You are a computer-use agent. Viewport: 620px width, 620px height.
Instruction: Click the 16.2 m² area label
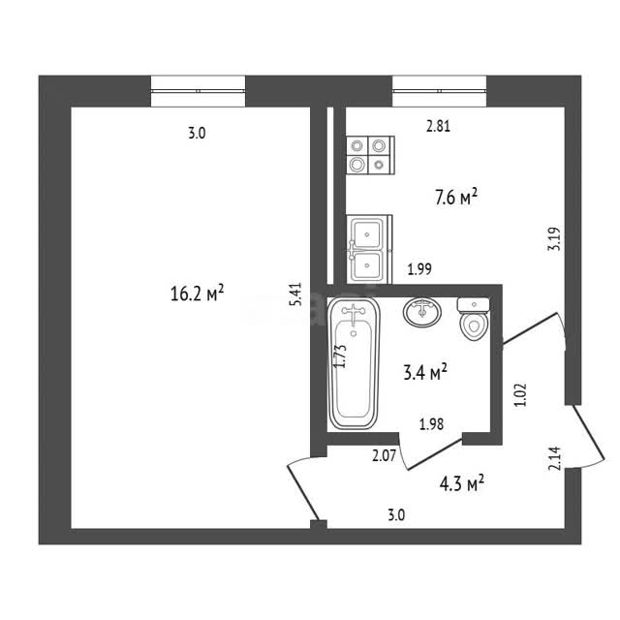click(x=197, y=293)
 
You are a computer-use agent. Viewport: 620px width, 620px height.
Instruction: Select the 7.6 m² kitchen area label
click(x=456, y=197)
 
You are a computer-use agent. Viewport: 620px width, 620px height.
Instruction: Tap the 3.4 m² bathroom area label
click(x=425, y=372)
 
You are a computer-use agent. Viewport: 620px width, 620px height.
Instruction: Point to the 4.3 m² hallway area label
click(x=462, y=483)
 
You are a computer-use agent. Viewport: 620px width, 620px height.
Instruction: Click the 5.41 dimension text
click(x=296, y=294)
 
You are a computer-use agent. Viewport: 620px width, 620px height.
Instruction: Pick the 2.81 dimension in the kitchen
click(x=438, y=127)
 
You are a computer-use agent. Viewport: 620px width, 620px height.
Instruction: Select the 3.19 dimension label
click(x=554, y=239)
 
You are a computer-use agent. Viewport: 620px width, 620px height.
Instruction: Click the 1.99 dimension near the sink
click(x=419, y=269)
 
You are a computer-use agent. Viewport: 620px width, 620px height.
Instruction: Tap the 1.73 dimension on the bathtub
click(x=340, y=356)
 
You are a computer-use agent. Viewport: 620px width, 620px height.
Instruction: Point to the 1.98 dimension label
click(x=431, y=424)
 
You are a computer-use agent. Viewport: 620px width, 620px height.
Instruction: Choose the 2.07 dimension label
click(x=384, y=456)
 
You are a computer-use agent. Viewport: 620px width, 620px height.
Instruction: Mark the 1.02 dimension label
click(x=520, y=394)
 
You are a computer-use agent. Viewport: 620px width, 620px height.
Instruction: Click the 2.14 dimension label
click(x=554, y=458)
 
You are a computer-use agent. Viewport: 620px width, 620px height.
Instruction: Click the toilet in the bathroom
click(x=474, y=319)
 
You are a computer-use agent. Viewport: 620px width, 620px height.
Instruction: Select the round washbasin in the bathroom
click(x=422, y=312)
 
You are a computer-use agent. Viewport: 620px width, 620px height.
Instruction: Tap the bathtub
click(x=354, y=364)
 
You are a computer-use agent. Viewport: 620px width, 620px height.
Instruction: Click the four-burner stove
click(x=370, y=155)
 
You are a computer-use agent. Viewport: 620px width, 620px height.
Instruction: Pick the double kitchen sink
click(x=369, y=249)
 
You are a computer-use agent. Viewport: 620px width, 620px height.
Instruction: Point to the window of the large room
click(x=198, y=91)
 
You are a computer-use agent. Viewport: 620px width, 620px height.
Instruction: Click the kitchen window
click(x=439, y=91)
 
